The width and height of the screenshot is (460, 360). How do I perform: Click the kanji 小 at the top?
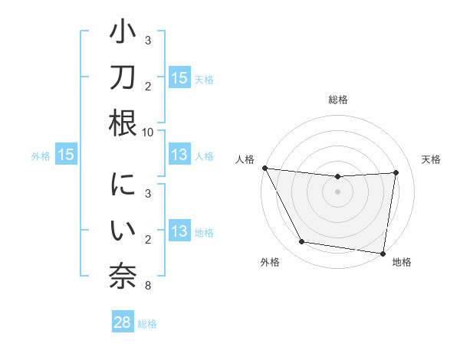click(x=122, y=36)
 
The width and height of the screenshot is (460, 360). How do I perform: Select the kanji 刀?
click(x=122, y=79)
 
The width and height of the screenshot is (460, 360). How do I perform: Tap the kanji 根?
click(x=122, y=123)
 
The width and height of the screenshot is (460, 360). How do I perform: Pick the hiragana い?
click(x=122, y=231)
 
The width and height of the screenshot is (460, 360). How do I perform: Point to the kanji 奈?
click(x=122, y=274)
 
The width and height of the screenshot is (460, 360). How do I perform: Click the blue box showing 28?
click(x=122, y=322)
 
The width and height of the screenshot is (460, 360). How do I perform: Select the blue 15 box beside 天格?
click(x=179, y=78)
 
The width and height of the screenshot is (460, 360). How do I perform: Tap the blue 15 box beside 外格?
click(x=66, y=155)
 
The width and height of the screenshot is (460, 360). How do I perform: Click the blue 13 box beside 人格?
click(x=179, y=155)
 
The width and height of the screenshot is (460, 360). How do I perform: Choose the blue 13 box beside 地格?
click(x=179, y=231)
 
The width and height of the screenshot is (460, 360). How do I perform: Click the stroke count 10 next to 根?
click(x=148, y=132)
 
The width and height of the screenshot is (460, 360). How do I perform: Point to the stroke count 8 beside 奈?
click(x=147, y=286)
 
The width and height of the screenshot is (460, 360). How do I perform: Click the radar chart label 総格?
click(x=337, y=100)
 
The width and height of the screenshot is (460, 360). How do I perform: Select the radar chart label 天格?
click(x=432, y=159)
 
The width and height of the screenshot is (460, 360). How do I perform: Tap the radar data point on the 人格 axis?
click(x=264, y=168)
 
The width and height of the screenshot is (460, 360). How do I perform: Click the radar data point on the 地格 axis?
click(x=383, y=253)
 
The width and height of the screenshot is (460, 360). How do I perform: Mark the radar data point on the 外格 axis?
click(x=302, y=242)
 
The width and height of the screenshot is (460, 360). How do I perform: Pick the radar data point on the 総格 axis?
click(x=337, y=177)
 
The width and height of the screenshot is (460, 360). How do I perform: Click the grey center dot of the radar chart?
click(x=337, y=191)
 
